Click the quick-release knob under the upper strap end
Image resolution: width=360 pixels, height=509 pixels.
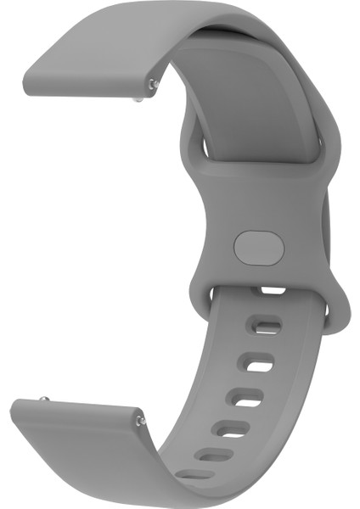click(139, 99)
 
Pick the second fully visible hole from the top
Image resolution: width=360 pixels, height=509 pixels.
click(256, 365)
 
